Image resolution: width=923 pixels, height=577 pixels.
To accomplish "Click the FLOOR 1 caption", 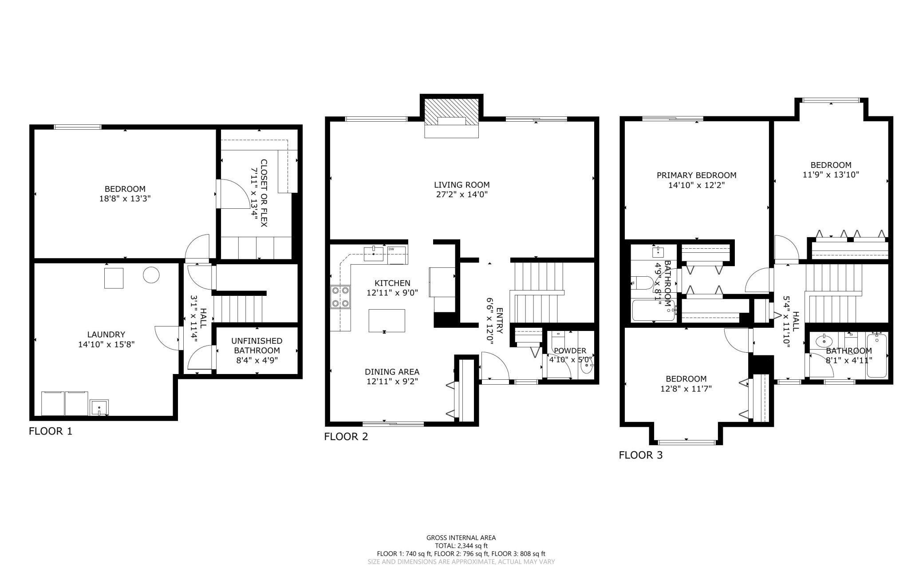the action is [50, 431].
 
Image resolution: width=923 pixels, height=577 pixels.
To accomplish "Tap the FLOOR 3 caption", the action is [640, 455].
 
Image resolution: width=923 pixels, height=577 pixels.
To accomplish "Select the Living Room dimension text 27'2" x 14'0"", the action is [461, 194].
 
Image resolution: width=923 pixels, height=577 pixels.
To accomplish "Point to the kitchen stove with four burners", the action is [340, 297].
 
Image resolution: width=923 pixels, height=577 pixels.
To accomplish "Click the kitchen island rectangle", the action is [387, 321].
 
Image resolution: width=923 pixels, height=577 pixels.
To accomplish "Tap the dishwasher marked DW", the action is [397, 255].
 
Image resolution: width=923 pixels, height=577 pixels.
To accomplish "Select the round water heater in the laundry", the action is [151, 275].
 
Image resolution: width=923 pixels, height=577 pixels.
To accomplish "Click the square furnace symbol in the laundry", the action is [114, 278].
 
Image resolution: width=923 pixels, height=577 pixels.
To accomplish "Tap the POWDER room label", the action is [570, 350].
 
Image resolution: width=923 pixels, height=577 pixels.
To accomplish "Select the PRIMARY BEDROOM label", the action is [697, 175].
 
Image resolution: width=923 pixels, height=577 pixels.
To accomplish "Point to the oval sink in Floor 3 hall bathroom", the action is [824, 341].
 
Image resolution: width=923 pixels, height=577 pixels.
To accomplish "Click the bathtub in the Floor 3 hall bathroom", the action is [877, 355].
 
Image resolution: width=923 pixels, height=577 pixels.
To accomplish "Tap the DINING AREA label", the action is [392, 372].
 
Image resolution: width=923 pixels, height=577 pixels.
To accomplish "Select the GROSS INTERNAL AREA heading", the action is [461, 537].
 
